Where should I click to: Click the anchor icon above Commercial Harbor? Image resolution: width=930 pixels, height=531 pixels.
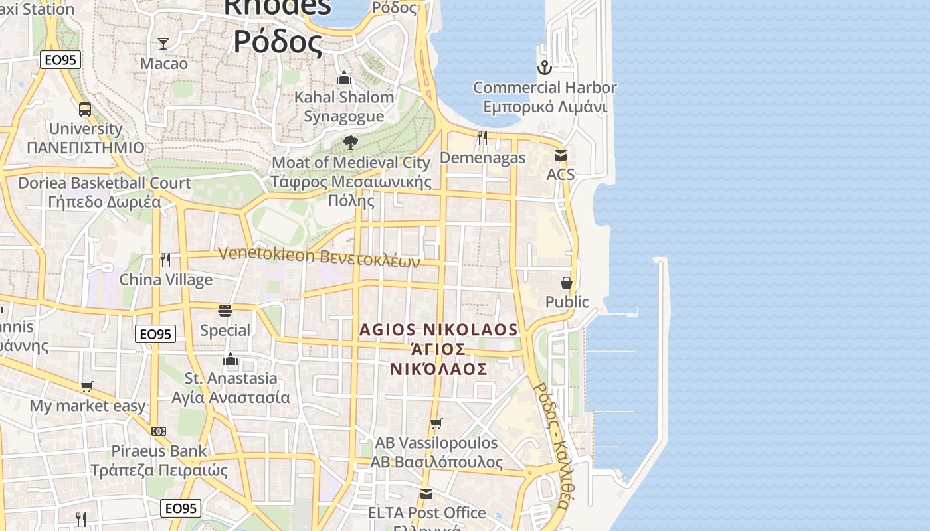(544, 67)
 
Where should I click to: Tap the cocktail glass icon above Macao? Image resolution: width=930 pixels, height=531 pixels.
(163, 44)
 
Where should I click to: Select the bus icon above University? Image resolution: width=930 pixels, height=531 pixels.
(85, 110)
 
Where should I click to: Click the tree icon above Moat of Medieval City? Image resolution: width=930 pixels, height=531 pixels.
(350, 143)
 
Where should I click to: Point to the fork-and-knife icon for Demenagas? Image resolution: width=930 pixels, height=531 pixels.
(482, 138)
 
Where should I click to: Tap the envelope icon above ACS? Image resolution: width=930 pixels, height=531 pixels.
(560, 155)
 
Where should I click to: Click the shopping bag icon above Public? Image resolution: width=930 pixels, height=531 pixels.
(567, 283)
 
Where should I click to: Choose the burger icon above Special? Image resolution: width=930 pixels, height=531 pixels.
(225, 311)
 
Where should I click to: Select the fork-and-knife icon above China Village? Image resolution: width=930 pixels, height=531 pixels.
(165, 260)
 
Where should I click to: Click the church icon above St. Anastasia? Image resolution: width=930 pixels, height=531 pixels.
(231, 359)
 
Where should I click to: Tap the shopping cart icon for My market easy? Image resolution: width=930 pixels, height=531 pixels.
(87, 386)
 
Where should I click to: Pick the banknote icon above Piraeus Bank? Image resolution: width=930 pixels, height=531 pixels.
(159, 431)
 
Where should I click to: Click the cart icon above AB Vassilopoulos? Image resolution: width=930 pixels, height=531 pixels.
(436, 423)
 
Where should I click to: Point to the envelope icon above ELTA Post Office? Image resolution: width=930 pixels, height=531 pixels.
(426, 494)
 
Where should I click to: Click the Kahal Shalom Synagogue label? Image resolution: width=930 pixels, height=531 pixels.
(344, 106)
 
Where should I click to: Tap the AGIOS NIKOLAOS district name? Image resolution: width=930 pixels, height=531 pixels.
(438, 330)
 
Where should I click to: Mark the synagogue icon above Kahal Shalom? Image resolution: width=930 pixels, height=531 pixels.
(343, 78)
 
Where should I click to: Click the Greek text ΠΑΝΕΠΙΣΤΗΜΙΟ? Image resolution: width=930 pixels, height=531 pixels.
(86, 147)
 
